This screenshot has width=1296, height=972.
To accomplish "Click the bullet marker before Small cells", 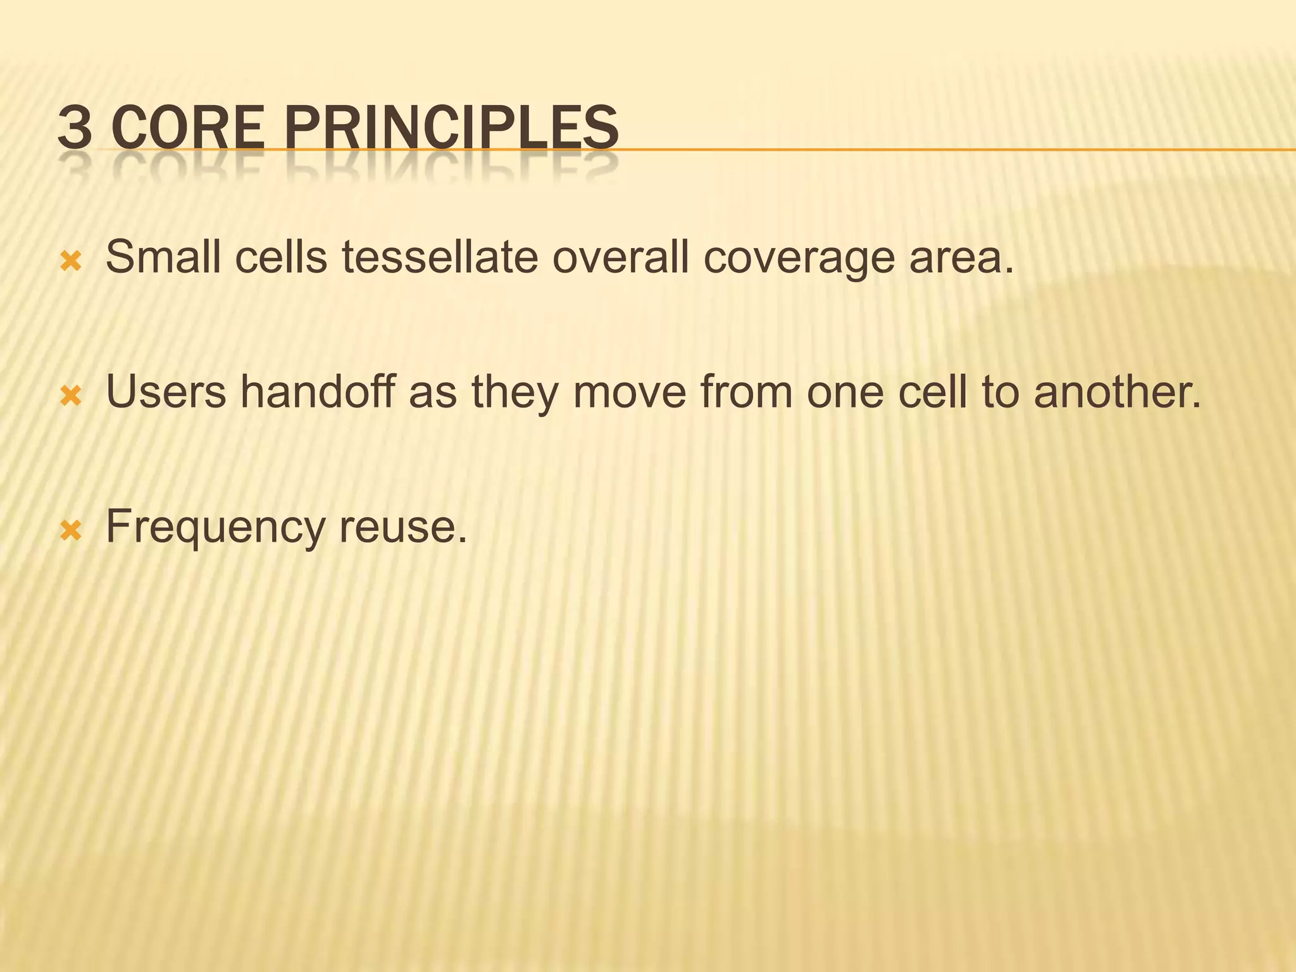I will (x=70, y=261).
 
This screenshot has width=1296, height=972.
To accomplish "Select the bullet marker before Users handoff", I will (x=70, y=396).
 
